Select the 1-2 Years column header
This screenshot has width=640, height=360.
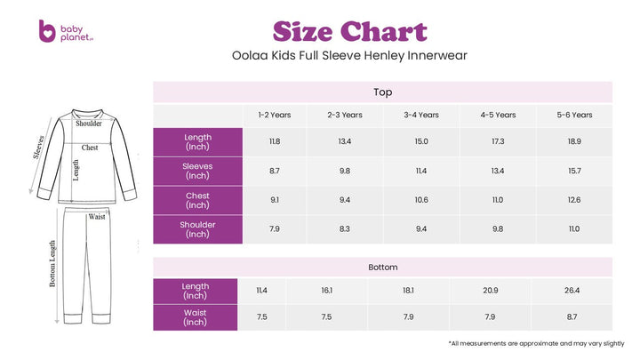pos(275,115)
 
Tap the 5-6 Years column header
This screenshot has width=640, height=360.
pos(574,115)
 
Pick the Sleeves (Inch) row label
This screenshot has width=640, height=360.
pos(197,170)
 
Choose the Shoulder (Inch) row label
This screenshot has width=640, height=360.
pos(197,229)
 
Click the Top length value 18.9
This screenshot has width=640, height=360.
pos(574,141)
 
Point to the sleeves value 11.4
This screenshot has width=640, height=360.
pos(421,171)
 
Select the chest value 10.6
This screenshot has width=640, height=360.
pos(421,200)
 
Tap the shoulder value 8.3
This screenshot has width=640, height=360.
pos(345,229)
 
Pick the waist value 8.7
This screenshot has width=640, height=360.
pos(571,317)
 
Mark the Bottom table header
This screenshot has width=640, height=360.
pos(383,267)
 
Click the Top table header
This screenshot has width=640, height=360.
pos(383,92)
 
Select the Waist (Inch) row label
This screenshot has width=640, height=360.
pos(195,317)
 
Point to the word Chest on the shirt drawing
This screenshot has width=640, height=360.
pos(90,148)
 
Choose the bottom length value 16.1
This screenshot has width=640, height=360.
pos(327,290)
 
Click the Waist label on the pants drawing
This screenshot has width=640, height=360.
pos(97,216)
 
